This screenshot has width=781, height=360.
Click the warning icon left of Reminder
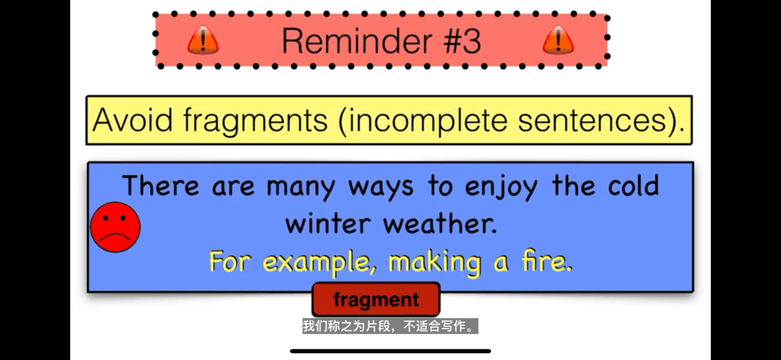[x=203, y=41]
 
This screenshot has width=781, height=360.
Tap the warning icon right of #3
[x=558, y=41]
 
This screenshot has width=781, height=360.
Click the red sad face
[x=115, y=227]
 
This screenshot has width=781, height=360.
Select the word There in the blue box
[x=162, y=186]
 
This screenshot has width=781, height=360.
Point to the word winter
[x=329, y=224]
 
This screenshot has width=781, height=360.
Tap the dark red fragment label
[x=376, y=300]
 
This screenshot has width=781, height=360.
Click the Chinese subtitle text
[x=390, y=327]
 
